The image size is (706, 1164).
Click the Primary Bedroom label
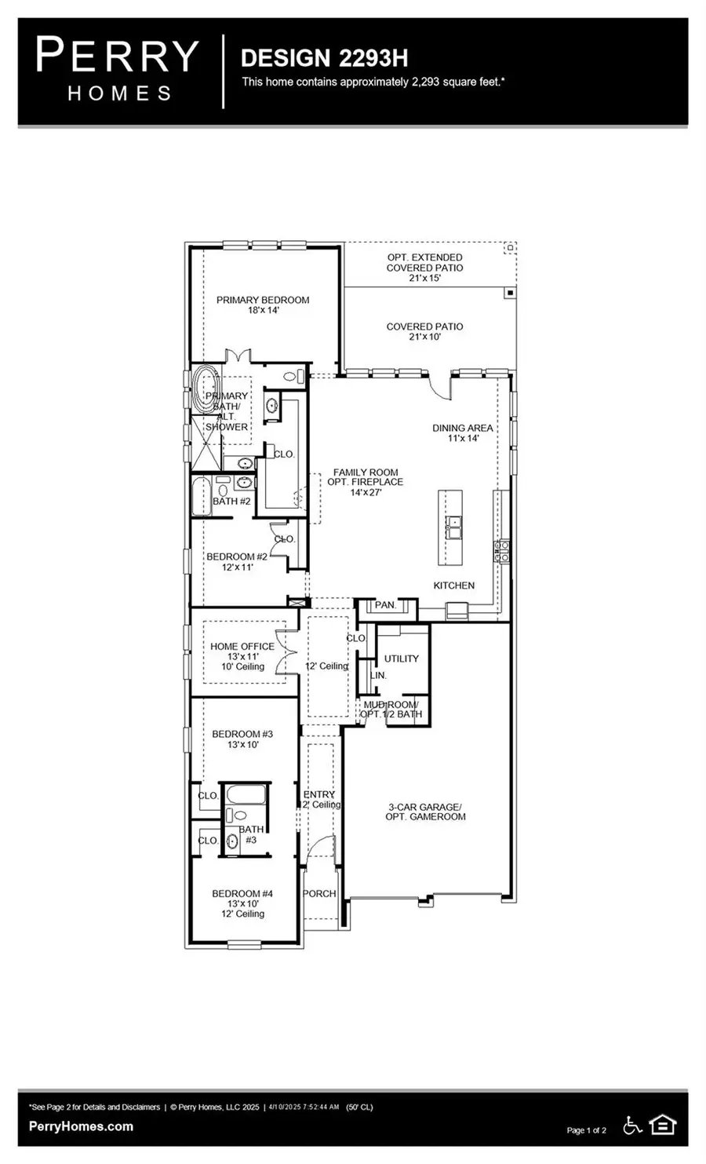click(x=263, y=305)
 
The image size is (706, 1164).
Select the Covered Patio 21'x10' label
click(x=424, y=331)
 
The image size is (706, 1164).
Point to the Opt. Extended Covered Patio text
click(x=424, y=268)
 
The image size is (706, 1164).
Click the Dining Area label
click(x=462, y=432)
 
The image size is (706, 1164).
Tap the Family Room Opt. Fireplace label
click(x=365, y=482)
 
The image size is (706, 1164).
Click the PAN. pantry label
click(x=385, y=605)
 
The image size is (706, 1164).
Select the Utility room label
click(x=401, y=659)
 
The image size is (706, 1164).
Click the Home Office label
click(x=242, y=656)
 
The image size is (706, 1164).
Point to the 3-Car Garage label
click(x=425, y=812)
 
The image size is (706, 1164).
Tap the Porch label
click(x=319, y=893)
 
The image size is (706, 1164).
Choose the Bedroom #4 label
click(x=242, y=903)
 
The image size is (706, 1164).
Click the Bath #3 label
click(x=251, y=834)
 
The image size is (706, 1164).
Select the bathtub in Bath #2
click(x=200, y=496)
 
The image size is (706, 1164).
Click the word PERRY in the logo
click(x=118, y=57)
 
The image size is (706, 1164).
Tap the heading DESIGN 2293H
click(x=324, y=58)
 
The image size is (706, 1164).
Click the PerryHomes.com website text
click(x=81, y=1126)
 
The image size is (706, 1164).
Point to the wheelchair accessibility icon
click(x=632, y=1126)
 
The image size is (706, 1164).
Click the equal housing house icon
click(x=663, y=1126)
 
